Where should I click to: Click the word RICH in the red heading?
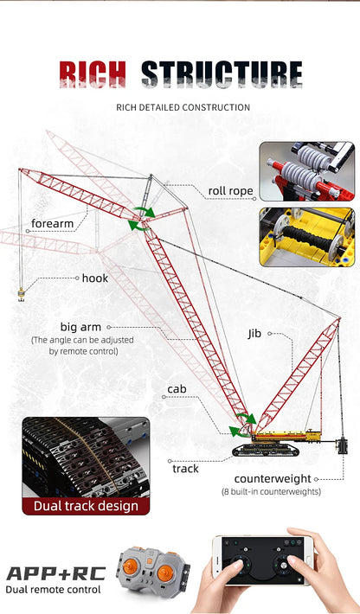point(93,74)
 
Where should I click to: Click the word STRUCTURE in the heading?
point(222,74)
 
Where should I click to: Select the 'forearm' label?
point(54,224)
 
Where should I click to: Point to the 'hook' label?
point(95,278)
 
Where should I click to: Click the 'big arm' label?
point(80,327)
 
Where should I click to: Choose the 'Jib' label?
point(254,333)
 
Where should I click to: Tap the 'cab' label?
point(177,390)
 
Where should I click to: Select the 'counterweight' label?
point(273,478)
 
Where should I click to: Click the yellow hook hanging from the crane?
point(21,297)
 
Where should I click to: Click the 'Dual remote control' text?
point(53,590)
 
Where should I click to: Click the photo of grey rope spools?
point(306,171)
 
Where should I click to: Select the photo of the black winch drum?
point(306,236)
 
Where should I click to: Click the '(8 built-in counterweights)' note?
point(271,491)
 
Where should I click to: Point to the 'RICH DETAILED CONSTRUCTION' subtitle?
point(195,107)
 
